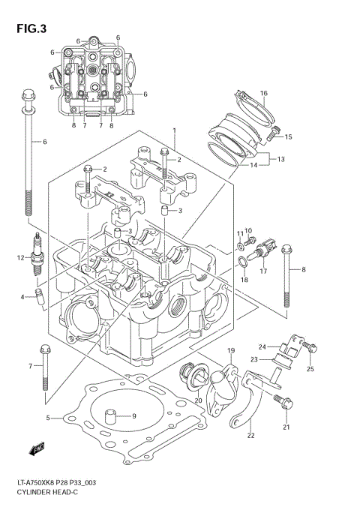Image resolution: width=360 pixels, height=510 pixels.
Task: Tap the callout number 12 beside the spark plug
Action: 22,259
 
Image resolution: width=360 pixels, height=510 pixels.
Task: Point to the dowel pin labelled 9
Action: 112,414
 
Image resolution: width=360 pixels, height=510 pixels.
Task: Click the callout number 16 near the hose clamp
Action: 263,94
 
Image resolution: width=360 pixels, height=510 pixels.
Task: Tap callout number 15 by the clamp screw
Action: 288,136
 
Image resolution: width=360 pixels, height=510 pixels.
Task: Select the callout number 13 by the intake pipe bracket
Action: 281,159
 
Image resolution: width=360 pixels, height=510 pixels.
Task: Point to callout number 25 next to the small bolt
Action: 310,368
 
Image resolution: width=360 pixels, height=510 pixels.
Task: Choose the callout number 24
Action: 262,346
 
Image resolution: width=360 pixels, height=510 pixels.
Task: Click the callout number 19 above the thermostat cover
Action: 230,351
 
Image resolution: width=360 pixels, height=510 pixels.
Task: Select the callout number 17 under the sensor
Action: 263,271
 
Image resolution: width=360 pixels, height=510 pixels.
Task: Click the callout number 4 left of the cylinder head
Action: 23,298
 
